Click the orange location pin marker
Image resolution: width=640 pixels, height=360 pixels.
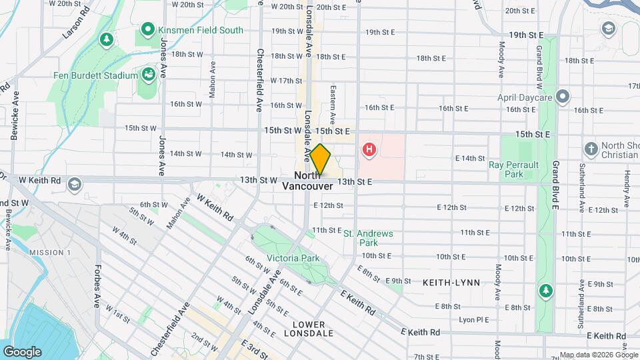coord(321,160)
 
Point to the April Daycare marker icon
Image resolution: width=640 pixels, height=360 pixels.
coord(563,97)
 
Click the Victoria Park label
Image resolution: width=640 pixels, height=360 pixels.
coord(293,258)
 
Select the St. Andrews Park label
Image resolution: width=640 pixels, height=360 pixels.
coord(368,238)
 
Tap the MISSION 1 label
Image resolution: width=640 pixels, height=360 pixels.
coord(50,252)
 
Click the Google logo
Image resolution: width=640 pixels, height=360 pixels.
coord(22,352)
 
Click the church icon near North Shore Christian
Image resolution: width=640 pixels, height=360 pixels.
coord(591,148)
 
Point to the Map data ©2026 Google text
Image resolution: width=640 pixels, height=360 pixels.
coord(590,355)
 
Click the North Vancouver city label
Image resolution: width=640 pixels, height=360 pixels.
coord(307,181)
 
